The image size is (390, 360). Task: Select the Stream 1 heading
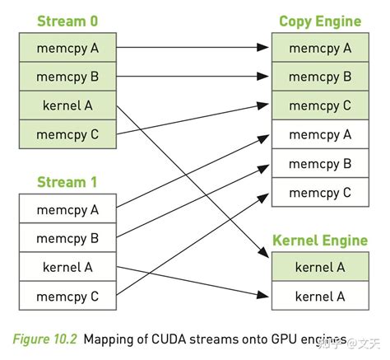pyautogui.click(x=67, y=182)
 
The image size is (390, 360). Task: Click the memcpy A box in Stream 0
pyautogui.click(x=67, y=49)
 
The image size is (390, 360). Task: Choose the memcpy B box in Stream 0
pyautogui.click(x=67, y=77)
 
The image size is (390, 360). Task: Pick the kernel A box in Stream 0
pyautogui.click(x=67, y=105)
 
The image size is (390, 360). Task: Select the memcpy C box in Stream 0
pyautogui.click(x=67, y=133)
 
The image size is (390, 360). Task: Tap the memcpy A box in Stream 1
pyautogui.click(x=67, y=209)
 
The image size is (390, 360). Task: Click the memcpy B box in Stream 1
pyautogui.click(x=67, y=238)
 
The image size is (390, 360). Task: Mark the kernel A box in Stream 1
pyautogui.click(x=67, y=266)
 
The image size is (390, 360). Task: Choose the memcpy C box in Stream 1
pyautogui.click(x=67, y=295)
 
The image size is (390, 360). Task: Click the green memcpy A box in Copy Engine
pyautogui.click(x=320, y=49)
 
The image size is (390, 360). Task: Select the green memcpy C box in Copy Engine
pyautogui.click(x=320, y=105)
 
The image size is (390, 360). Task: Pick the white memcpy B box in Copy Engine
pyautogui.click(x=320, y=163)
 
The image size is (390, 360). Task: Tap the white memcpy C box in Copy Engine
pyautogui.click(x=320, y=192)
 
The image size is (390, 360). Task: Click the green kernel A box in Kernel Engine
pyautogui.click(x=320, y=267)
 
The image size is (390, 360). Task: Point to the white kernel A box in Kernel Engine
pyautogui.click(x=320, y=295)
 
